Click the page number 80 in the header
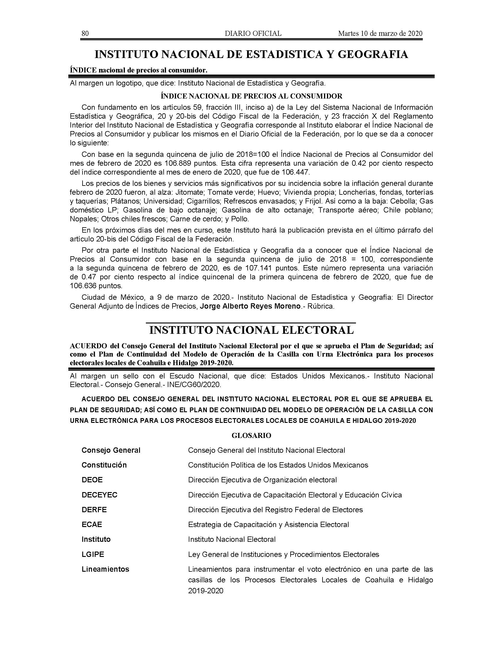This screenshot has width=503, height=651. coord(85,33)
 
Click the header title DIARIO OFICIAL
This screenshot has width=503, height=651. coord(253,33)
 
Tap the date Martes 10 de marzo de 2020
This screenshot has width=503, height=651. coord(380,33)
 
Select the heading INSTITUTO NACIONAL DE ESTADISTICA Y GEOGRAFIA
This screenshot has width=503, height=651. coord(251,54)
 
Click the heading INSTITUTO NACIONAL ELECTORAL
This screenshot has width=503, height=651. coord(251,330)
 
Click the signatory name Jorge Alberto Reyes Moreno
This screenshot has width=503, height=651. coord(250,307)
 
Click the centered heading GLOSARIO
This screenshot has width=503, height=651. coord(251,436)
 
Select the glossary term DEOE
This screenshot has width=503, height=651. coord(92,480)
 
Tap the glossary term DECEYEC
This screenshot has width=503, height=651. coord(99,495)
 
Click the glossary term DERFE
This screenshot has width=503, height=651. coord(94,510)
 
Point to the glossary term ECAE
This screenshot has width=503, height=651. coord(92,525)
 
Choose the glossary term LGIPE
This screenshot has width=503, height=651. coord(93,555)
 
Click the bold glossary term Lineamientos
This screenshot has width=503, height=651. coord(106,569)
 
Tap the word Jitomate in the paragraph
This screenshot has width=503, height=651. coord(190,192)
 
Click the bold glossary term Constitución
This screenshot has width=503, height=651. coord(104,465)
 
